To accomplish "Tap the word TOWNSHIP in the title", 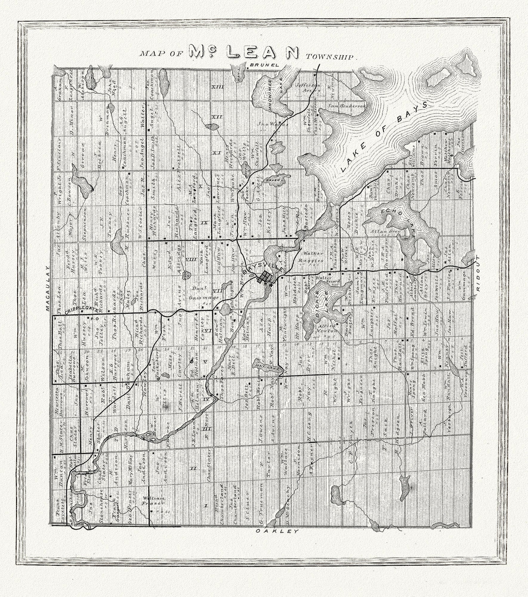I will (331, 57).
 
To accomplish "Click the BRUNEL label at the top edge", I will (264, 65).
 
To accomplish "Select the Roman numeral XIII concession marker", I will (217, 87).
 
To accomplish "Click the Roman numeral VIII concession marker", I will (190, 259).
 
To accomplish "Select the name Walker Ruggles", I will (313, 256).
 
